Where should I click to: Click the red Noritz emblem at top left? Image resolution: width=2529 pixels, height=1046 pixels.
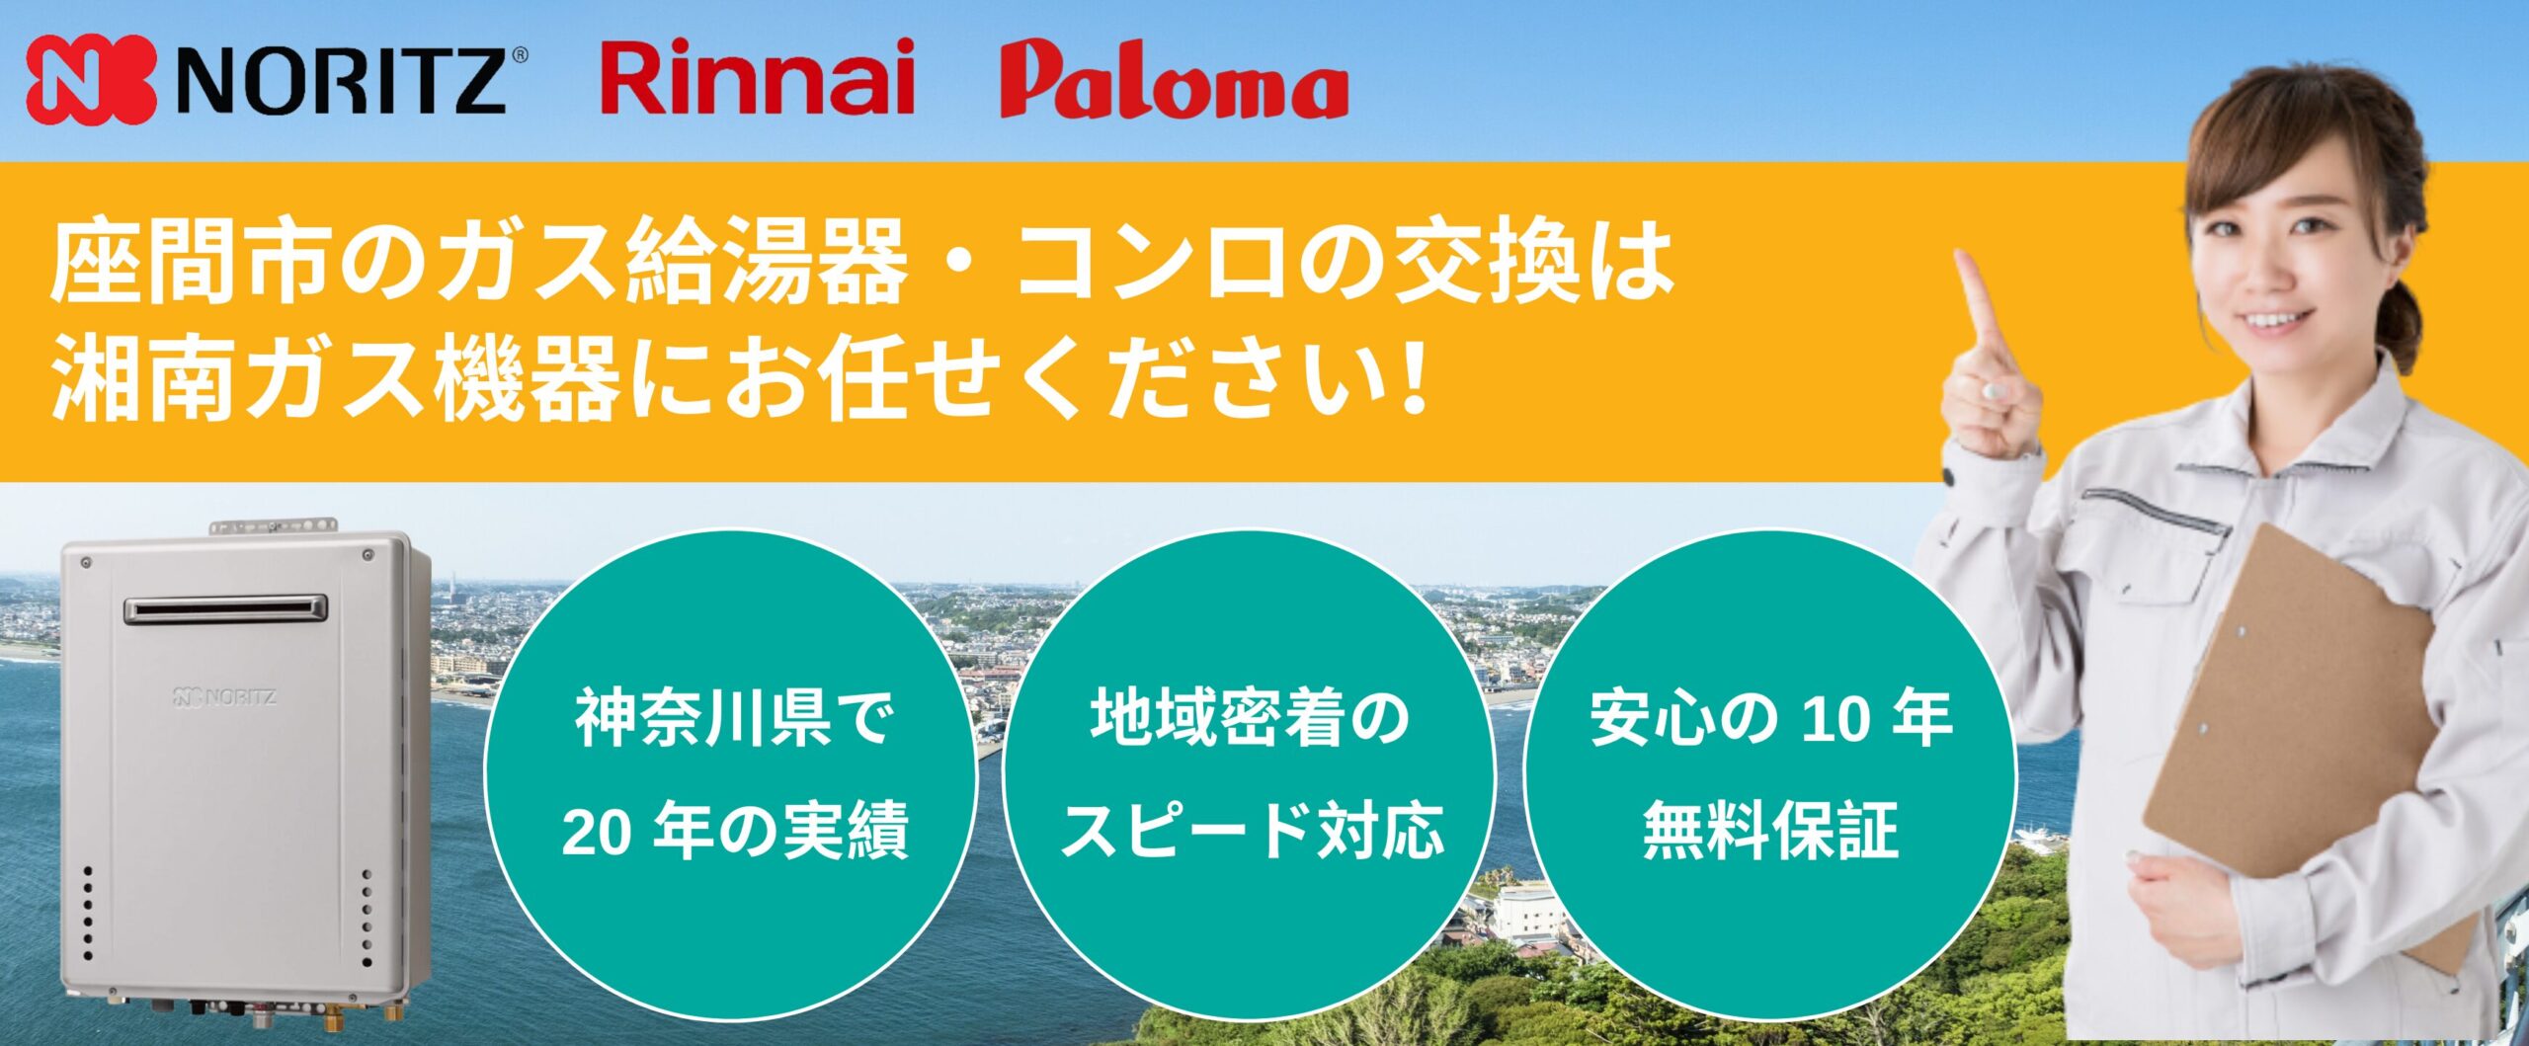[92, 79]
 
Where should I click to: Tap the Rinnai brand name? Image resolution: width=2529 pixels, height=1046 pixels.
[757, 77]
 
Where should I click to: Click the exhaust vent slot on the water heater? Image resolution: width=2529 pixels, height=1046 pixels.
[225, 608]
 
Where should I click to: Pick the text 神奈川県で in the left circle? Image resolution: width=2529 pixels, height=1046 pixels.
[732, 720]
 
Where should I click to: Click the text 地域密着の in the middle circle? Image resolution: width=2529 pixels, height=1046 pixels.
[1250, 718]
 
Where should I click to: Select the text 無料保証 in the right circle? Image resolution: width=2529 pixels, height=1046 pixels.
[1770, 831]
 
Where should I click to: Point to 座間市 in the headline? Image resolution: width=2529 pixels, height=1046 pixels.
[188, 265]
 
